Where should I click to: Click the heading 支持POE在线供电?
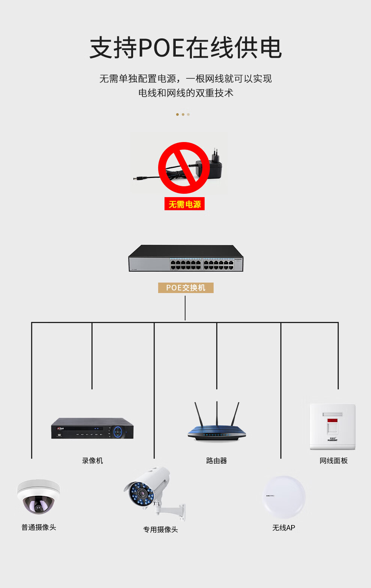[x=185, y=48]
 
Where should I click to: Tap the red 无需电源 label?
[x=184, y=204]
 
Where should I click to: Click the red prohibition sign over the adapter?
[x=184, y=168]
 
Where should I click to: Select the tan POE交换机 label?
[x=185, y=288]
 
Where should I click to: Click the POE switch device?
[x=186, y=259]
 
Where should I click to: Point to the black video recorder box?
[x=92, y=428]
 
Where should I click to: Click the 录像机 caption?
[x=92, y=461]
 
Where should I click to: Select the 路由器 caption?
[x=217, y=461]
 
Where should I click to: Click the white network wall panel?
[x=332, y=426]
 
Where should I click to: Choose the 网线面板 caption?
[x=334, y=461]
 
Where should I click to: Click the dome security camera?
[x=38, y=497]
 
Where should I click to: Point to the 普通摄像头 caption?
[x=39, y=527]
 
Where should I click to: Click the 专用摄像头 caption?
[x=160, y=530]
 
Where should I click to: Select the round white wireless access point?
[x=284, y=497]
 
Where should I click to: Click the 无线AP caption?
[x=284, y=528]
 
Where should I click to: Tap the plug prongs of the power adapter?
[x=215, y=154]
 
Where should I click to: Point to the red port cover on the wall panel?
[x=332, y=421]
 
